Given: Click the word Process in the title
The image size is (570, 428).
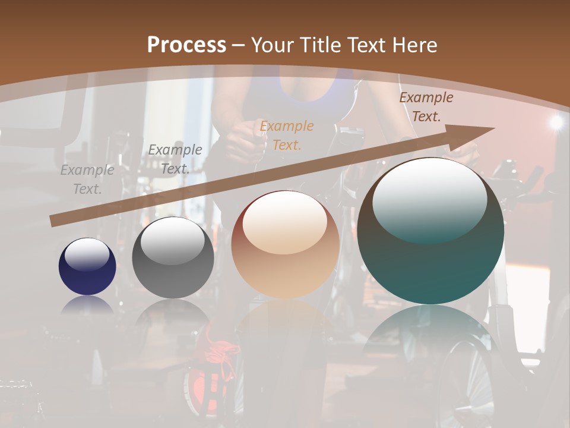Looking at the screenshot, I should coord(186,45).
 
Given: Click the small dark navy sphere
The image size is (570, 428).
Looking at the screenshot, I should coord(87,267).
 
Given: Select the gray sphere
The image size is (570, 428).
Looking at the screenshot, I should coord(173,259).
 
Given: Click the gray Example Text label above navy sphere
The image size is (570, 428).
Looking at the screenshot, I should coord(87,179).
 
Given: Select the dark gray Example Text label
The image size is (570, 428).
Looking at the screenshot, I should coord(175,159).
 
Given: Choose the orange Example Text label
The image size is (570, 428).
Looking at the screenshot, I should coord(287,135).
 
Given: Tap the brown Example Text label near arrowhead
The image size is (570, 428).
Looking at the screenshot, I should coord(426,107).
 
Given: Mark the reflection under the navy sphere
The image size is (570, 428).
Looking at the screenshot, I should coord(87,304).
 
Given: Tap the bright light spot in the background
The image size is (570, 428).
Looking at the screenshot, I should coord(556,122).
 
